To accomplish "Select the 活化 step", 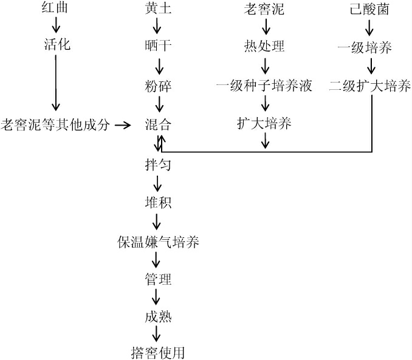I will click(x=58, y=44).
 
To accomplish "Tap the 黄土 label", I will click(x=158, y=9).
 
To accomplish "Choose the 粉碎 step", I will click(x=158, y=86).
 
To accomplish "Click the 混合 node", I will click(x=158, y=125).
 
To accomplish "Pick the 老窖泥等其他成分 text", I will click(x=57, y=125).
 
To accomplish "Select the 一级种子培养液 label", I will click(x=264, y=86).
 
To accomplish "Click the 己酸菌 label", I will click(x=370, y=9).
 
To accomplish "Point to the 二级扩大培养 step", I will click(x=370, y=86).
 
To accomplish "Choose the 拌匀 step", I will click(x=158, y=163).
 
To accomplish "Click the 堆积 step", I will click(x=158, y=202).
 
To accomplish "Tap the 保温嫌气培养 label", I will click(x=158, y=242).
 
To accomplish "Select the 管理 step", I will click(x=158, y=279).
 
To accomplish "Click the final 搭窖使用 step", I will click(x=158, y=352).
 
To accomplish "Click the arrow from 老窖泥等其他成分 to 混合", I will click(x=123, y=125).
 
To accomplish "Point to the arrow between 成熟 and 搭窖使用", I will click(x=157, y=334).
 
